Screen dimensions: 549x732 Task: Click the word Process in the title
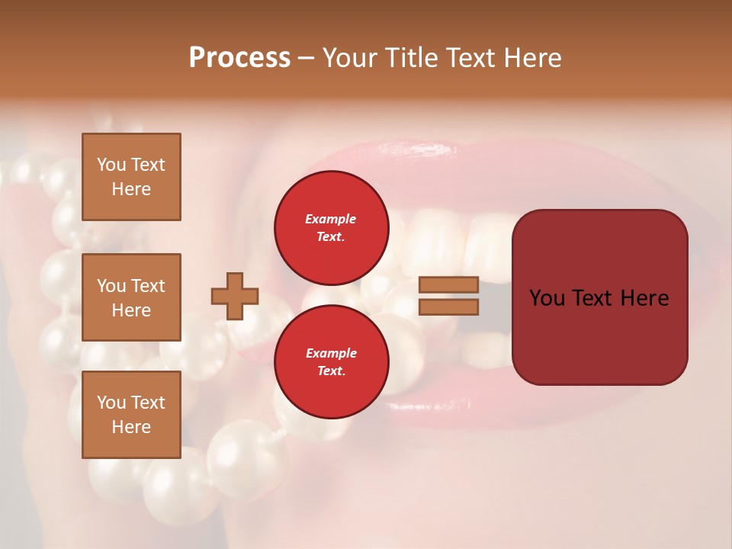coord(239,58)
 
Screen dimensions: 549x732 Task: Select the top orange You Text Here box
coord(131,177)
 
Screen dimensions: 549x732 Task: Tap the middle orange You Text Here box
coord(131,297)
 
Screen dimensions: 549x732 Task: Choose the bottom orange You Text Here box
coord(131,414)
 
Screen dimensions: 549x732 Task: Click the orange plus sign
coord(235,296)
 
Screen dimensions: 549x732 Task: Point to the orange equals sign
coord(448,296)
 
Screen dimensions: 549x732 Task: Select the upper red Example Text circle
coord(331,227)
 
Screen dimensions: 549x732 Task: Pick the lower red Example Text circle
coord(331,361)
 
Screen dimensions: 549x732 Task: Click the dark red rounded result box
coord(599,297)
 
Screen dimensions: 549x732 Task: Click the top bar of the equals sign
coord(448,285)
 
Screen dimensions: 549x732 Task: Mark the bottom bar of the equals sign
coord(448,307)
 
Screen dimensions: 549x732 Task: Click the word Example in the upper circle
coord(331,219)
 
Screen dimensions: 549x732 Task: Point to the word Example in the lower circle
coord(331,353)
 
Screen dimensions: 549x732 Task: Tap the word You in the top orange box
coord(111,165)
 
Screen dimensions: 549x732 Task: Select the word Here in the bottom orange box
coord(131,427)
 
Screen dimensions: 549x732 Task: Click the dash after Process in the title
coord(307,58)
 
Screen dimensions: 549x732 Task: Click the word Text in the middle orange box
coord(146,286)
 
